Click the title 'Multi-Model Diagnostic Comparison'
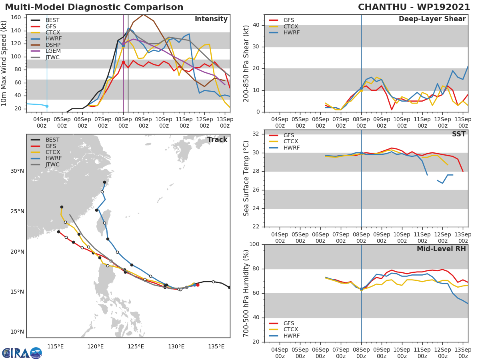click(94, 7)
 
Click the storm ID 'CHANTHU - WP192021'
click(414, 7)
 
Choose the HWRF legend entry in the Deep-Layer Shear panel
click(291, 33)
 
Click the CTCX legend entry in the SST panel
click(291, 142)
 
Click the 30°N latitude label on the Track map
click(17, 171)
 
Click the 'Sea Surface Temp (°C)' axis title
click(246, 178)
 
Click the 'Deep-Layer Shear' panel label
click(432, 19)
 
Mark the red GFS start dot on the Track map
click(198, 285)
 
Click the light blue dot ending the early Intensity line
click(47, 106)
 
